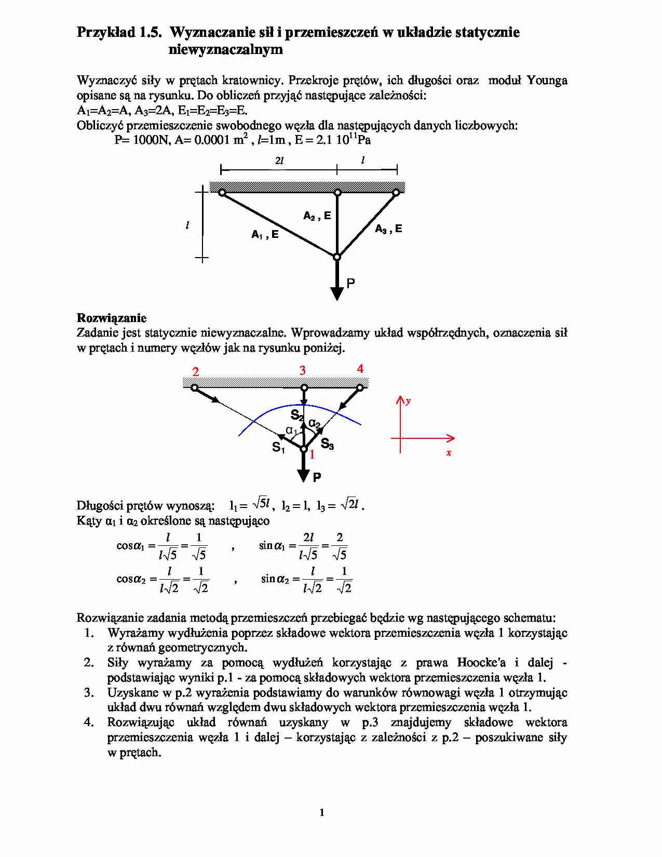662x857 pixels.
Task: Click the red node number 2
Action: tap(196, 372)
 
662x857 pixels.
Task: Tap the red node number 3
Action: tap(302, 370)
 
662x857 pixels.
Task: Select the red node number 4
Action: tap(360, 369)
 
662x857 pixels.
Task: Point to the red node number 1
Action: tap(312, 455)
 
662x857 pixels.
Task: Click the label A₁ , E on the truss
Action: tap(265, 235)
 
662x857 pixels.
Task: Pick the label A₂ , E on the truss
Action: tap(317, 216)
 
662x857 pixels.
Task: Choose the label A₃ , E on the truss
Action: tap(388, 229)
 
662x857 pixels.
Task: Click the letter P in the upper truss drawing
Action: tap(350, 284)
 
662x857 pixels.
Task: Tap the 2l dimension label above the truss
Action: tap(279, 161)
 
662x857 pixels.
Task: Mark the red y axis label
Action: tap(408, 401)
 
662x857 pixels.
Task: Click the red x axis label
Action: tap(449, 453)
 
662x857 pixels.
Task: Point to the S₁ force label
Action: tap(278, 447)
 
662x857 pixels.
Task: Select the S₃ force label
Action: tap(327, 444)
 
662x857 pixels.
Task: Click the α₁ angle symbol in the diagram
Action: tap(291, 431)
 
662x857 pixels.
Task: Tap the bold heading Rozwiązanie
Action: tap(112, 318)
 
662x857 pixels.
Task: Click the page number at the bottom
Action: tap(322, 813)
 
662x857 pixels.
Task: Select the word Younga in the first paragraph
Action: tap(547, 81)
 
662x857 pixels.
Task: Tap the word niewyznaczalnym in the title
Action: tap(225, 50)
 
